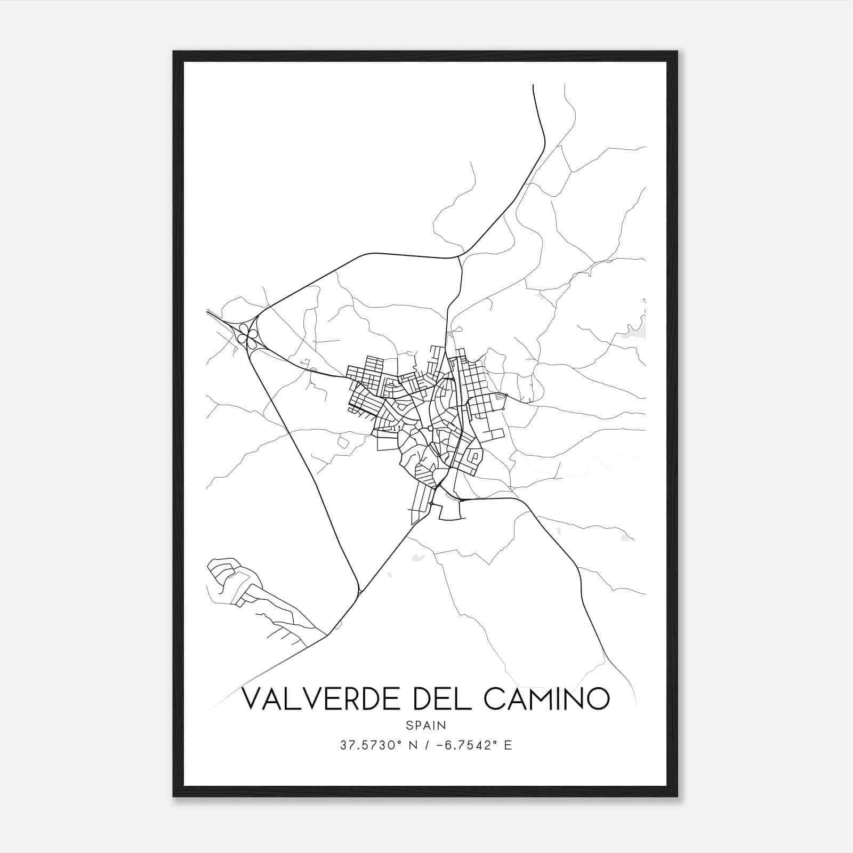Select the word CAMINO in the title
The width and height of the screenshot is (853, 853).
click(546, 698)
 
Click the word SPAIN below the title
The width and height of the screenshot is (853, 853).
click(426, 725)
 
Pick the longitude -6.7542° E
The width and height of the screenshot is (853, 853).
click(474, 745)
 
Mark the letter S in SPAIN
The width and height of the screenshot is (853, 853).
click(409, 725)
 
